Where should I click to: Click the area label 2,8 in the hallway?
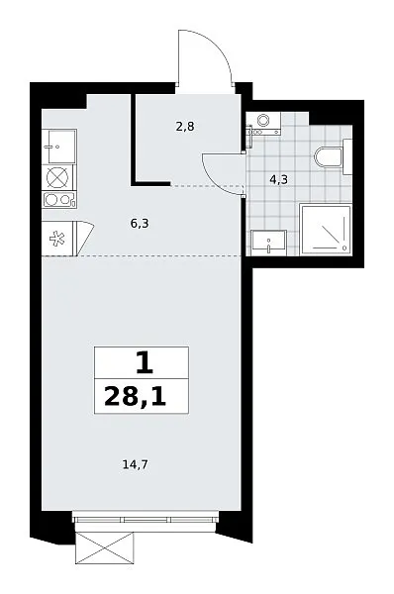click(x=185, y=127)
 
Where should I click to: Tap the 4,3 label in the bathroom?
click(x=279, y=179)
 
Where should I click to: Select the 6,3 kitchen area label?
click(x=140, y=224)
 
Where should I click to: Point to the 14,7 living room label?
click(x=135, y=464)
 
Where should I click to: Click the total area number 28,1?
click(x=136, y=397)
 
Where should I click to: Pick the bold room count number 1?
click(x=145, y=363)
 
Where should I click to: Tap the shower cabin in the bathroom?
click(x=326, y=230)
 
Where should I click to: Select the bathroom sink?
click(x=267, y=243)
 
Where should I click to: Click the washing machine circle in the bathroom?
click(x=262, y=121)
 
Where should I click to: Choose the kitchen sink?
click(x=59, y=146)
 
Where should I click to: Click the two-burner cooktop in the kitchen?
click(x=59, y=200)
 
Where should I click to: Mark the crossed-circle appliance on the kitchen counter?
click(x=59, y=177)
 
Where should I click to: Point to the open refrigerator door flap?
click(x=85, y=239)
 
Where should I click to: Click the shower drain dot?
click(x=345, y=248)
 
